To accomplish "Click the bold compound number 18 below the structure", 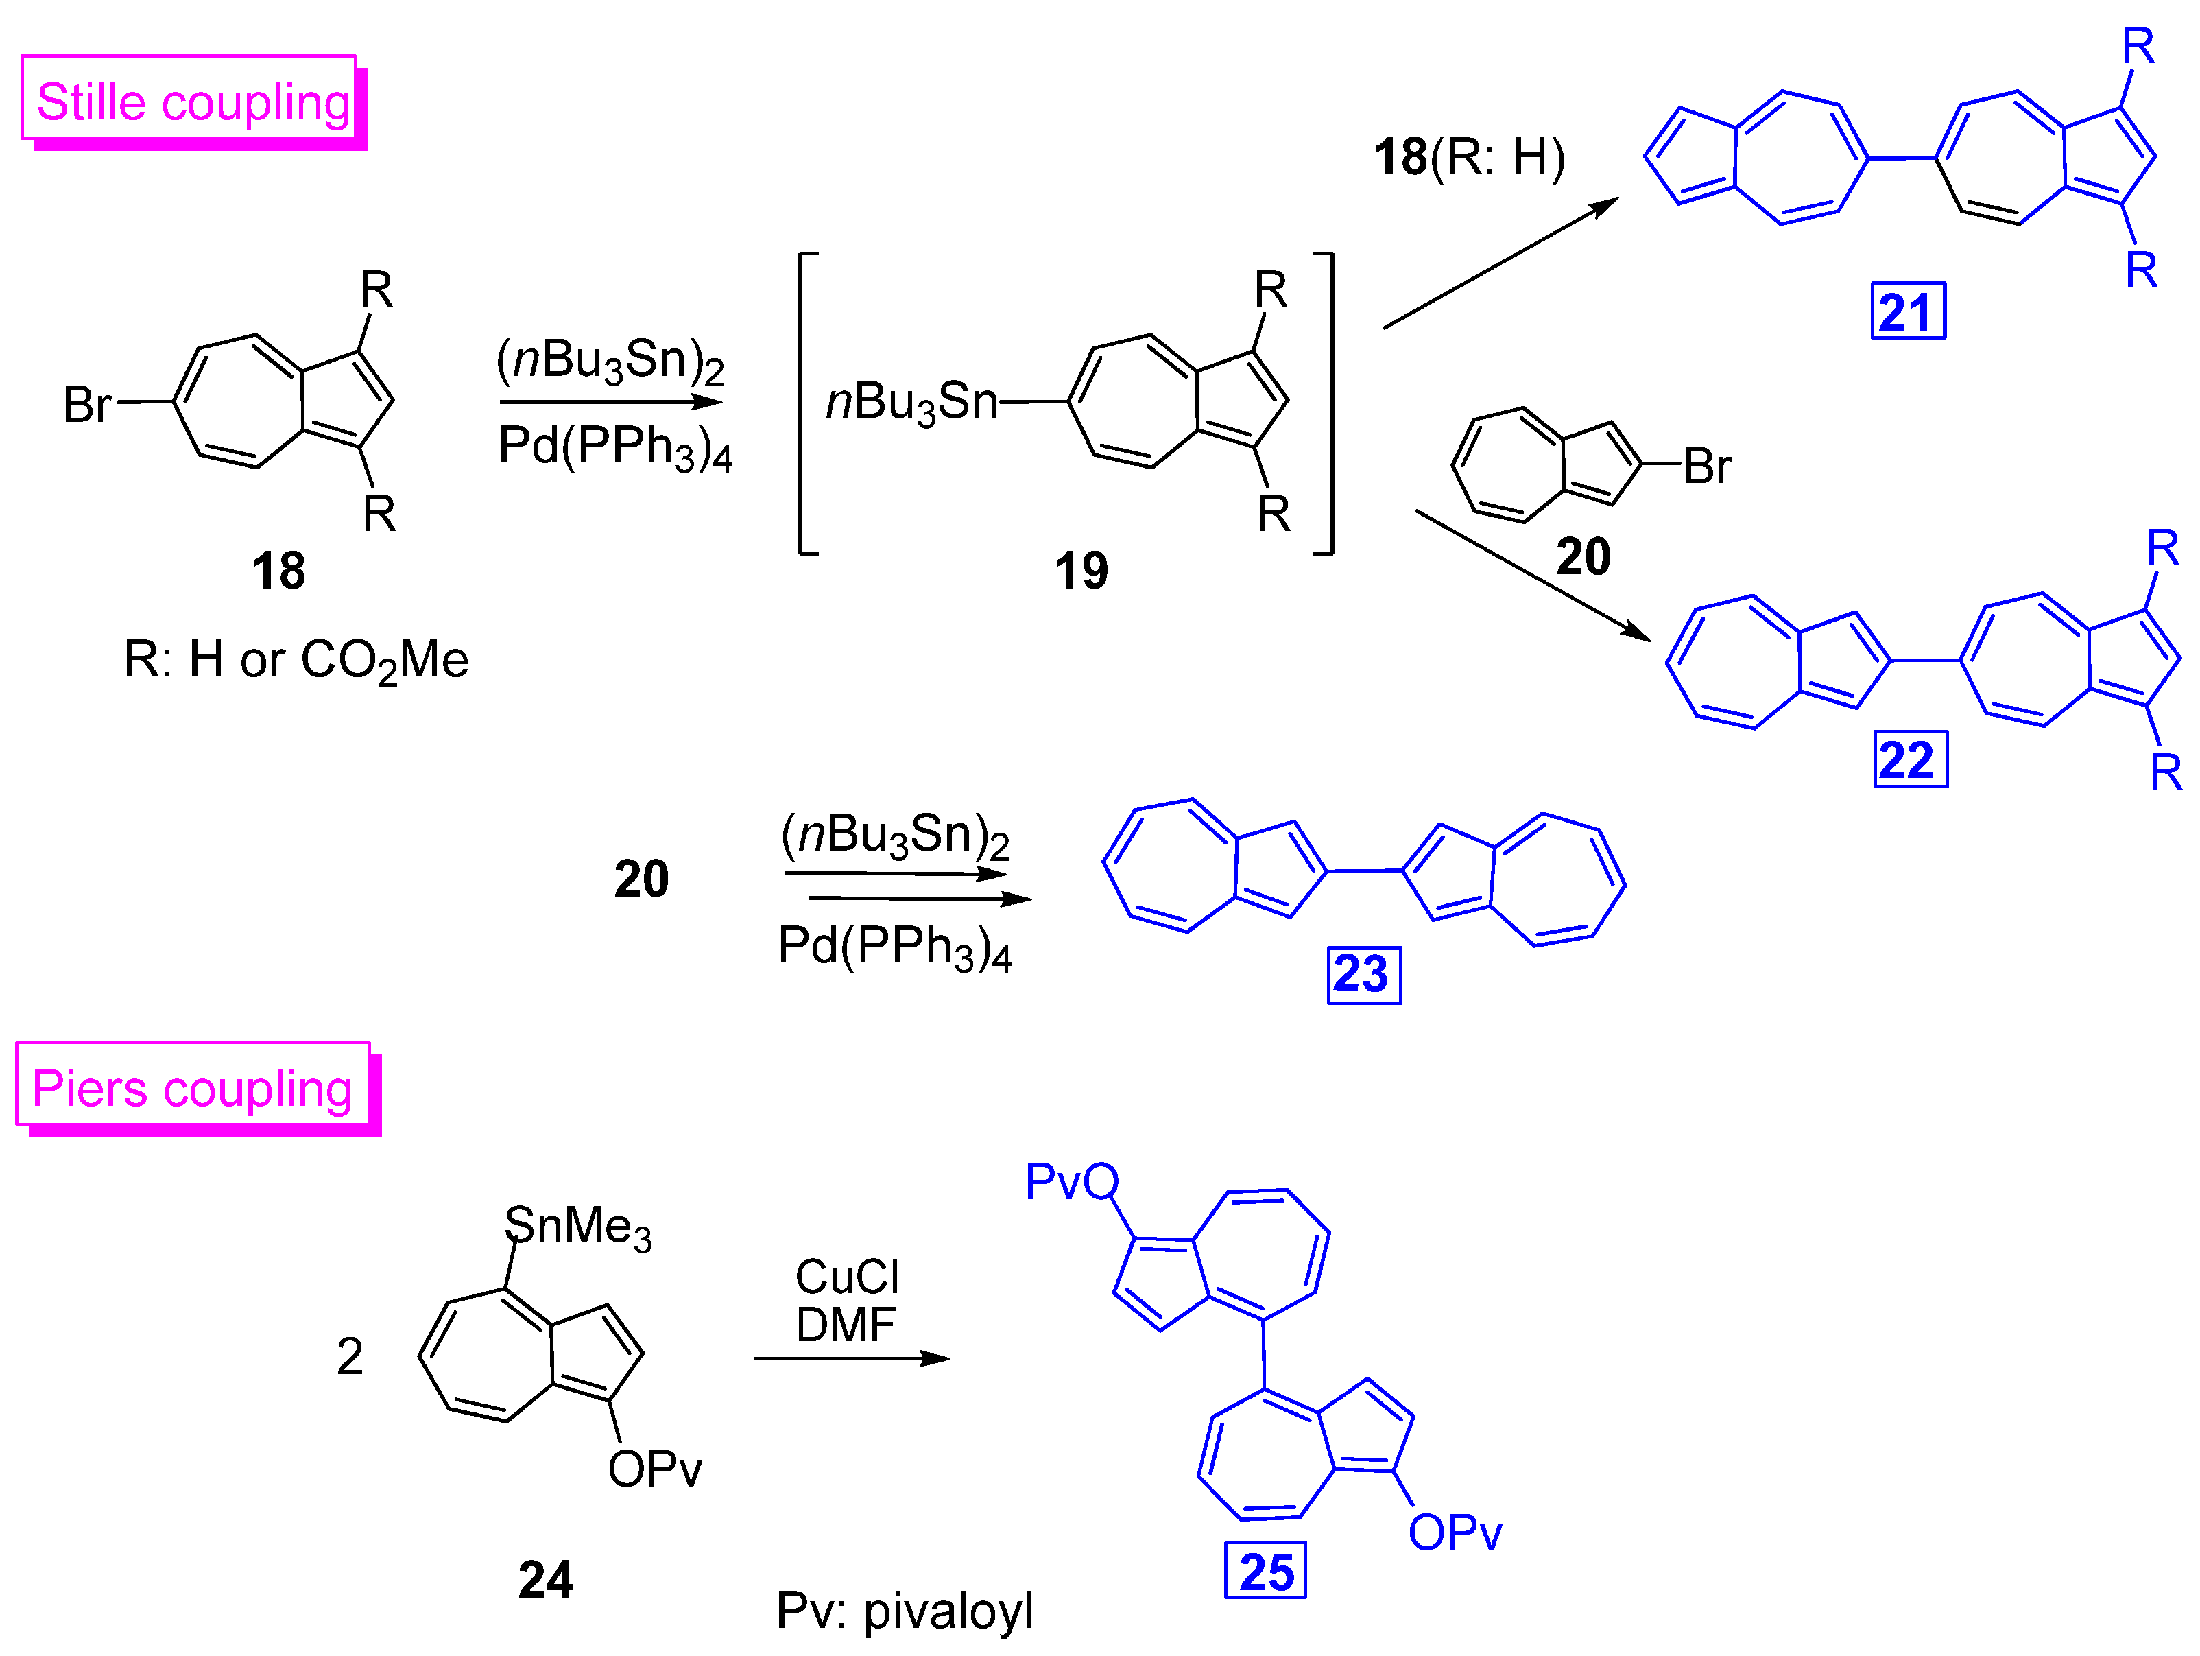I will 278,571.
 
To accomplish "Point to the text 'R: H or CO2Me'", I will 296,659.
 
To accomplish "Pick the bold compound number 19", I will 1081,571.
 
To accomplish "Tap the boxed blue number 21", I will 1908,312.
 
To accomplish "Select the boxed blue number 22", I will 1910,760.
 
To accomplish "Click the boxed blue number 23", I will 1363,975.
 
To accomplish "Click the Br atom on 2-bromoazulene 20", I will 1707,466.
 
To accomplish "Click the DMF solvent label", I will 846,1324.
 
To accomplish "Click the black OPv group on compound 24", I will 654,1469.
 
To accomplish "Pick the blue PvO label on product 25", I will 1071,1181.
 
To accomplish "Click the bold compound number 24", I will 545,1579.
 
